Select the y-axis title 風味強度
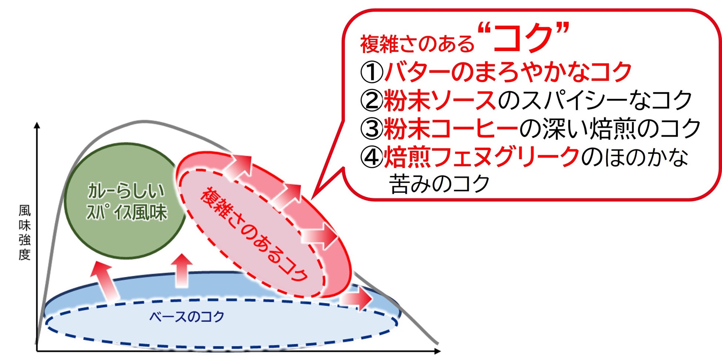click(24, 233)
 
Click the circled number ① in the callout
click(371, 72)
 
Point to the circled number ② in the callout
click(371, 101)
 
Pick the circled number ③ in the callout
click(371, 129)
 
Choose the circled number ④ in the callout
click(371, 157)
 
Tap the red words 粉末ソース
click(440, 100)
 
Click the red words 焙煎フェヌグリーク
click(481, 157)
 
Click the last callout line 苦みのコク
click(440, 184)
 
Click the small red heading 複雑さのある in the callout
click(417, 44)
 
